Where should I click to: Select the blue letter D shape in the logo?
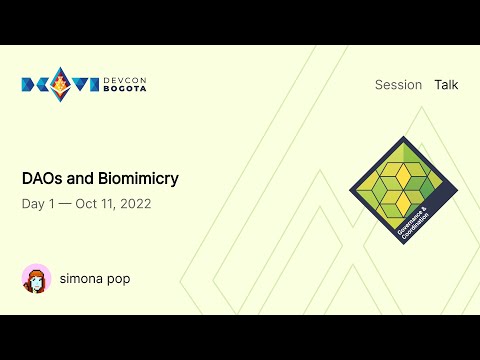[x=30, y=86]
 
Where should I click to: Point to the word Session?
[x=398, y=85]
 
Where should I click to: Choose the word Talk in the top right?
[x=446, y=85]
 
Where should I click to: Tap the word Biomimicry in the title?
[x=138, y=179]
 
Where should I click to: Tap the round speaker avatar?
[x=36, y=279]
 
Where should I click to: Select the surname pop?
[x=119, y=279]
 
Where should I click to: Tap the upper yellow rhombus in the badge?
[x=402, y=176]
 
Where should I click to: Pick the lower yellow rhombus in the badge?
[x=403, y=203]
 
